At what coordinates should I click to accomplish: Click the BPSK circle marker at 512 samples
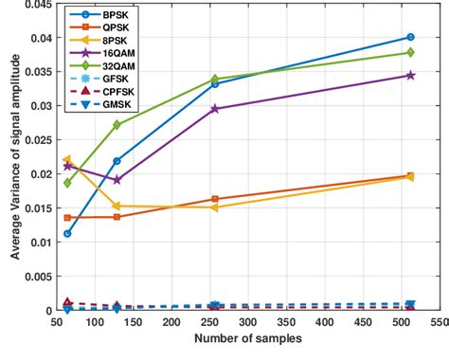pyautogui.click(x=409, y=38)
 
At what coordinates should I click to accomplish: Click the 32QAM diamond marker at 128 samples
pyautogui.click(x=117, y=125)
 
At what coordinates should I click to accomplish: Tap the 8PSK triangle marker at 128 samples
pyautogui.click(x=117, y=206)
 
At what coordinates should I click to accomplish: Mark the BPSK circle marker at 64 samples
pyautogui.click(x=67, y=233)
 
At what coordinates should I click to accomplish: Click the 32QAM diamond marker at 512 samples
pyautogui.click(x=409, y=53)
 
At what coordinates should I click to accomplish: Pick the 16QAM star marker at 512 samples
pyautogui.click(x=409, y=75)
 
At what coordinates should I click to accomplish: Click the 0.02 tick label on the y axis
pyautogui.click(x=34, y=174)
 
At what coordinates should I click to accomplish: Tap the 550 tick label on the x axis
pyautogui.click(x=434, y=323)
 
